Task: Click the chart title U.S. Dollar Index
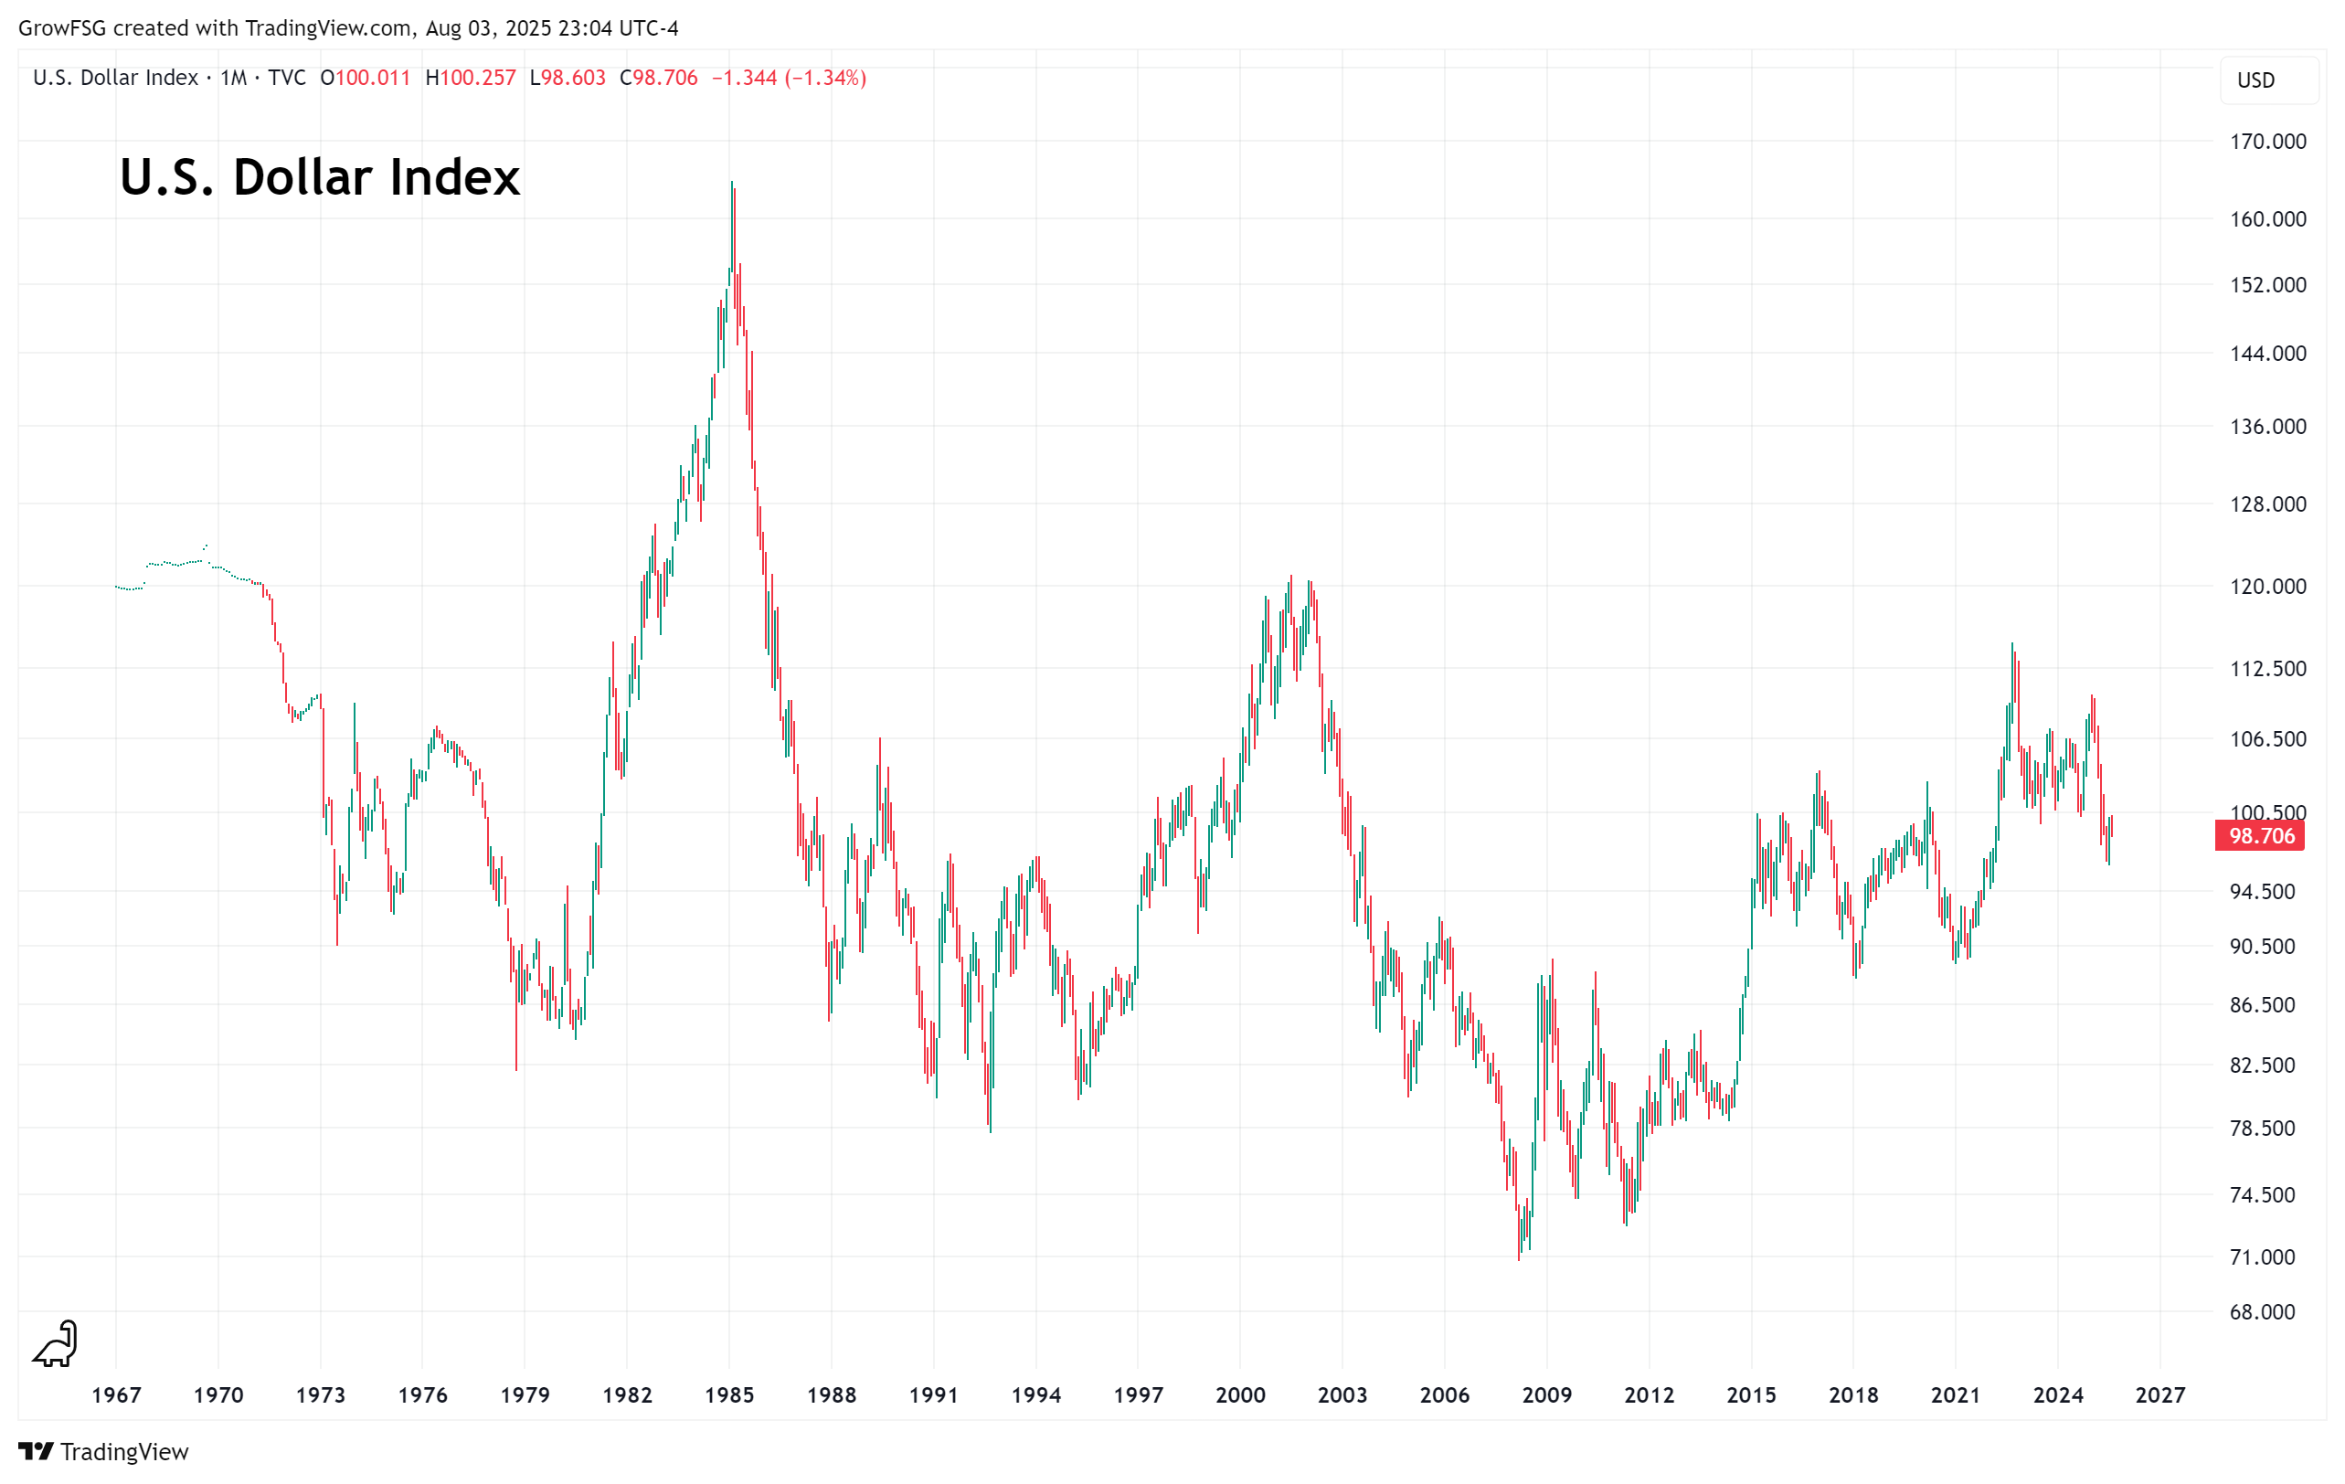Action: pyautogui.click(x=320, y=177)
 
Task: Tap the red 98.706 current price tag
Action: pyautogui.click(x=2259, y=835)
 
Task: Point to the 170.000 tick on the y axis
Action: pyautogui.click(x=2267, y=143)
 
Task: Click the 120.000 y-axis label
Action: pyautogui.click(x=2267, y=587)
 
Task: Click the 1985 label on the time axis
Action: pyautogui.click(x=729, y=1394)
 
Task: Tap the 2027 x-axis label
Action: pyautogui.click(x=2160, y=1394)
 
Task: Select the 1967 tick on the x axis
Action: pyautogui.click(x=116, y=1394)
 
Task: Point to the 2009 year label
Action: pyautogui.click(x=1546, y=1394)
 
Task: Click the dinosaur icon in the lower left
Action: pyautogui.click(x=56, y=1344)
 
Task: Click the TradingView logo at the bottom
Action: pyautogui.click(x=103, y=1452)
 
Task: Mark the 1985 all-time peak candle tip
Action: pyautogui.click(x=731, y=182)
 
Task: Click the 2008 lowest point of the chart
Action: pyautogui.click(x=1518, y=1259)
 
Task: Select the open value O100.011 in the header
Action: pyautogui.click(x=366, y=78)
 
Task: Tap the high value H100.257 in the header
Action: pyautogui.click(x=471, y=78)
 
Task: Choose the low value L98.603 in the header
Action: pyautogui.click(x=568, y=78)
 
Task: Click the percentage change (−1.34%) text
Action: pyautogui.click(x=825, y=78)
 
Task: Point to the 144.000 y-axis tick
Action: pyautogui.click(x=2267, y=354)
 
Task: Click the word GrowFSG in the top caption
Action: pyautogui.click(x=61, y=28)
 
